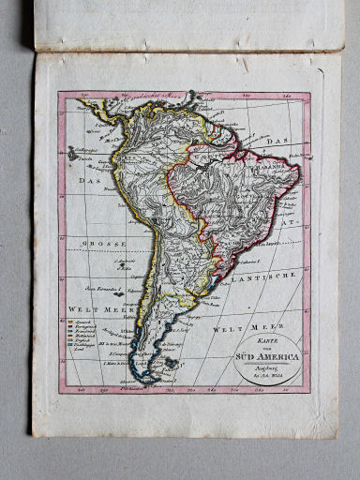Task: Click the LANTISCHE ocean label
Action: click(267, 275)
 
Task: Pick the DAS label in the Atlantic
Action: click(276, 142)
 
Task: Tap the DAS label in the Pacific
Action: click(90, 180)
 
